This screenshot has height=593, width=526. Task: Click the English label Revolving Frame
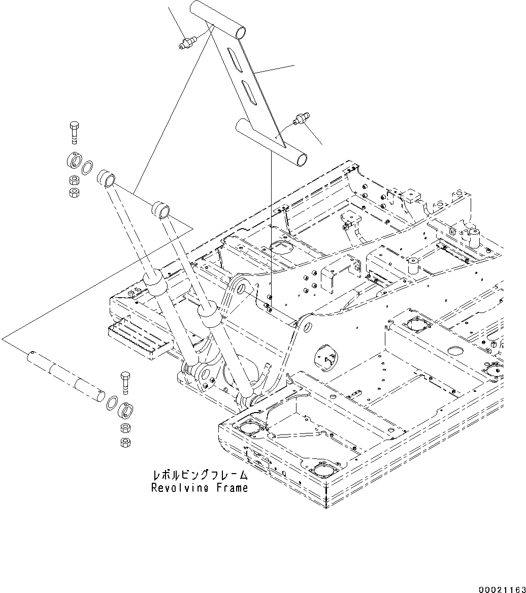pos(200,488)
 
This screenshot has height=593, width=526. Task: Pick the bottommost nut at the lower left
pos(124,442)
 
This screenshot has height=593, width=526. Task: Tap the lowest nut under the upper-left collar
pos(74,192)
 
